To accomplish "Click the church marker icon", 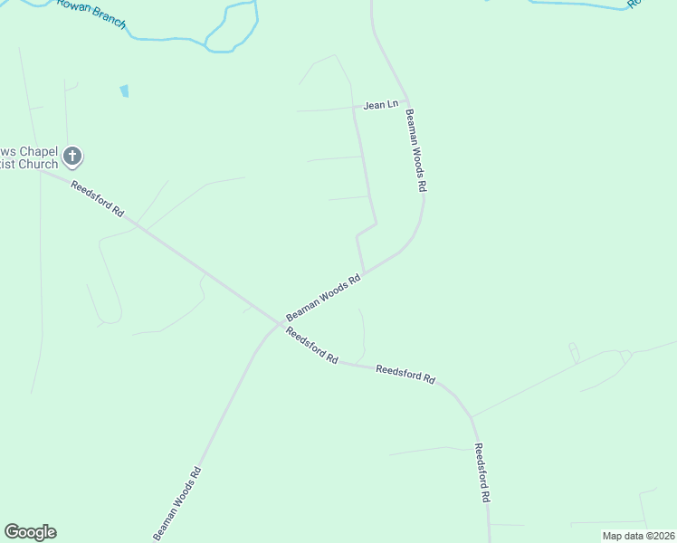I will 73,157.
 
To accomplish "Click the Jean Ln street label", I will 380,105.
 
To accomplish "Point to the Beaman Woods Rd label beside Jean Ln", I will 415,150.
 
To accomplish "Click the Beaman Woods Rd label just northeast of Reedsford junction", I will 323,299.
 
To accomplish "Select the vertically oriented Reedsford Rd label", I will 483,472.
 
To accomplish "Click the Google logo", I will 31,532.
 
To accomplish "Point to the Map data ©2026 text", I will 638,536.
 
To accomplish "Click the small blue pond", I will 124,90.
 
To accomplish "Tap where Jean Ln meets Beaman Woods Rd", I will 406,101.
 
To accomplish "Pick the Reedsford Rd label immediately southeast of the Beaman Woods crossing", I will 311,346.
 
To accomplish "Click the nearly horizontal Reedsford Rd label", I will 405,374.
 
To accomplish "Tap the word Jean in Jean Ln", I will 374,106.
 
